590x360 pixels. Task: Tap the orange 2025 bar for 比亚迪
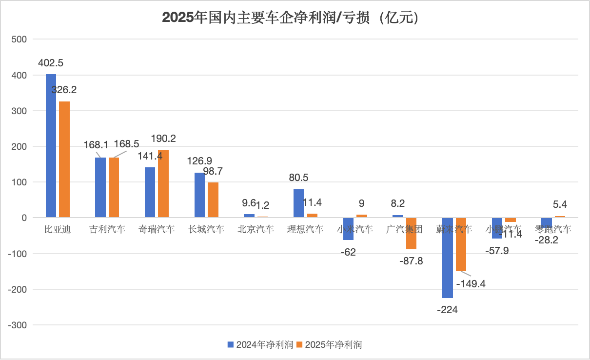pyautogui.click(x=64, y=159)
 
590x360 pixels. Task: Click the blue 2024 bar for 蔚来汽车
pyautogui.click(x=447, y=258)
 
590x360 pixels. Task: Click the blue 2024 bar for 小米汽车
pyautogui.click(x=348, y=229)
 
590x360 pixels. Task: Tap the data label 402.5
pyautogui.click(x=51, y=63)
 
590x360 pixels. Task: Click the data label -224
pyautogui.click(x=447, y=309)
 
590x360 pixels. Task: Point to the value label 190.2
pyautogui.click(x=163, y=138)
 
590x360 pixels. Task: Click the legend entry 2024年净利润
pyautogui.click(x=260, y=345)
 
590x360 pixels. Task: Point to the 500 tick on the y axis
pyautogui.click(x=20, y=40)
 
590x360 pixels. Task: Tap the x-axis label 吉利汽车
pyautogui.click(x=107, y=229)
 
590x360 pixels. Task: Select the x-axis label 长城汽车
pyautogui.click(x=206, y=229)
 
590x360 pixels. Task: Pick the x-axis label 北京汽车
pyautogui.click(x=256, y=229)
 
